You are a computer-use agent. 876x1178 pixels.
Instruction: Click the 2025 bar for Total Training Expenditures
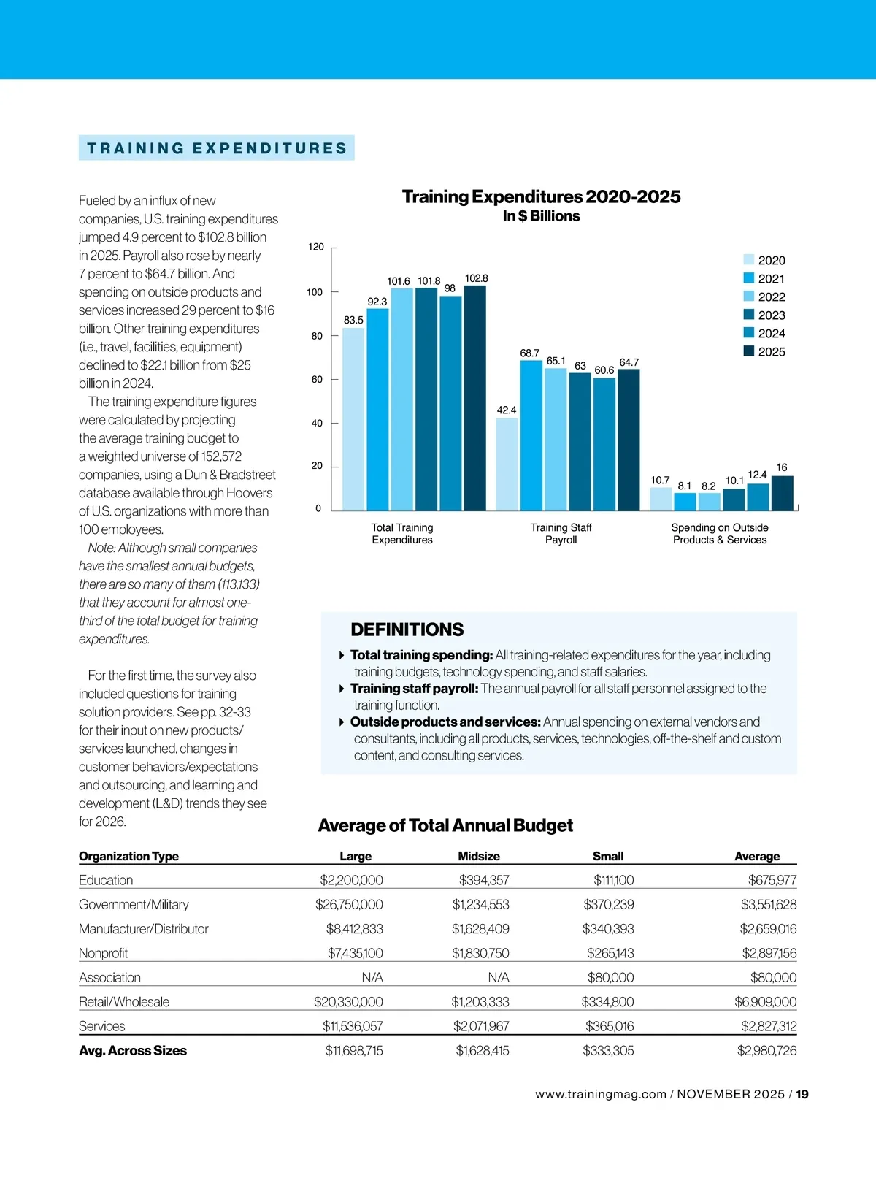pyautogui.click(x=474, y=398)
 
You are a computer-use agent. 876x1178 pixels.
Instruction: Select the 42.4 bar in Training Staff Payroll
pyautogui.click(x=507, y=464)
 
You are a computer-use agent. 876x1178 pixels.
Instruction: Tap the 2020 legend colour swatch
pyautogui.click(x=748, y=260)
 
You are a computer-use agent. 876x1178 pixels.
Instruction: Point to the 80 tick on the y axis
pyautogui.click(x=317, y=336)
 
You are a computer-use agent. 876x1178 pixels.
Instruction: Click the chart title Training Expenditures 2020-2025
pyautogui.click(x=541, y=196)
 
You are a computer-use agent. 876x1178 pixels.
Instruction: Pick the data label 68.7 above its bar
pyautogui.click(x=529, y=353)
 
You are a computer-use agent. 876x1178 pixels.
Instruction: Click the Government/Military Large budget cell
pyautogui.click(x=349, y=904)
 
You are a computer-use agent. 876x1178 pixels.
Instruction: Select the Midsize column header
pyautogui.click(x=479, y=856)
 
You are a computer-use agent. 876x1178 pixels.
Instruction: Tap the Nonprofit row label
pyautogui.click(x=103, y=953)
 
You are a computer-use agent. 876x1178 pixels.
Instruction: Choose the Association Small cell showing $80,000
pyautogui.click(x=610, y=977)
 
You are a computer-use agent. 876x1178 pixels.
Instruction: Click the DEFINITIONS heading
pyautogui.click(x=407, y=630)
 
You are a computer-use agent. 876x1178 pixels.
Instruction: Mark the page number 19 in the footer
pyautogui.click(x=802, y=1094)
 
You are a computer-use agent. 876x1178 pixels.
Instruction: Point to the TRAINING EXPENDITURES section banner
pyautogui.click(x=217, y=148)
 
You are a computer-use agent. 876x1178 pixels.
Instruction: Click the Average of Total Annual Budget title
pyautogui.click(x=445, y=825)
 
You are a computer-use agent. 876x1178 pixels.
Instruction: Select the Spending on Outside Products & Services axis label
pyautogui.click(x=720, y=534)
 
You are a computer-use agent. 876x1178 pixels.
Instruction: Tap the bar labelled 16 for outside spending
pyautogui.click(x=782, y=493)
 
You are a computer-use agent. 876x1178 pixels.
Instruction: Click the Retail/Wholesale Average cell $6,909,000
pyautogui.click(x=765, y=1002)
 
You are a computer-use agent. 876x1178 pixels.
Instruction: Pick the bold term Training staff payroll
pyautogui.click(x=414, y=689)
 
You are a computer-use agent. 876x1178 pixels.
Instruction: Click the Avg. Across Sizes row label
pyautogui.click(x=133, y=1050)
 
